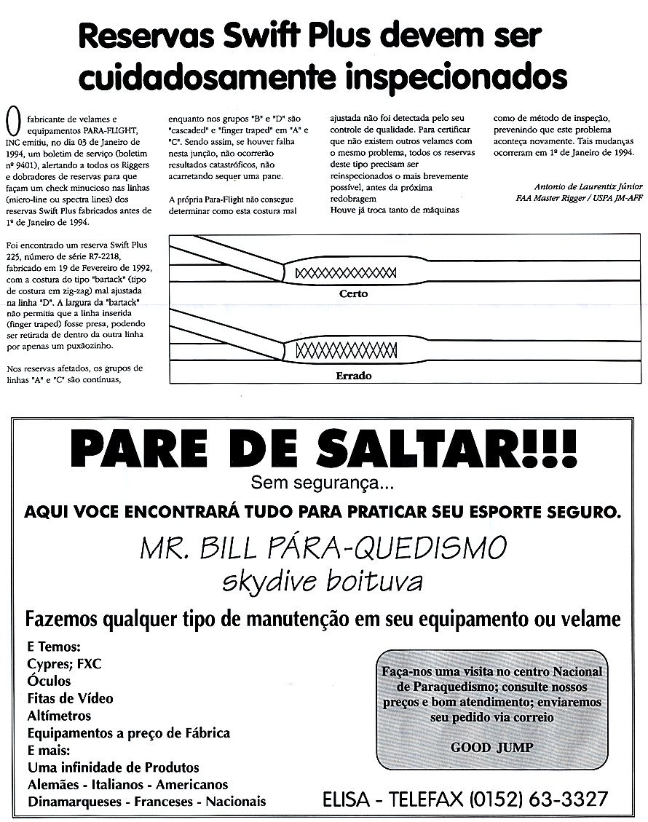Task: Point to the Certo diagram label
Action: [354, 294]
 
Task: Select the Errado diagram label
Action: [354, 376]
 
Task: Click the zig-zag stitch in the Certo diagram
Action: [346, 273]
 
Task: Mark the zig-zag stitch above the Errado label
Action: [346, 350]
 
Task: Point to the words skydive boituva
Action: [323, 582]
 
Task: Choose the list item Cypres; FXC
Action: [64, 664]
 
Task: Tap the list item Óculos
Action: [49, 681]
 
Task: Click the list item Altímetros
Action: [59, 716]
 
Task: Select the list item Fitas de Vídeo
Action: [70, 698]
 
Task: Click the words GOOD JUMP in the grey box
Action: [491, 747]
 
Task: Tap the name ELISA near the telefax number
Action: [347, 799]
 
